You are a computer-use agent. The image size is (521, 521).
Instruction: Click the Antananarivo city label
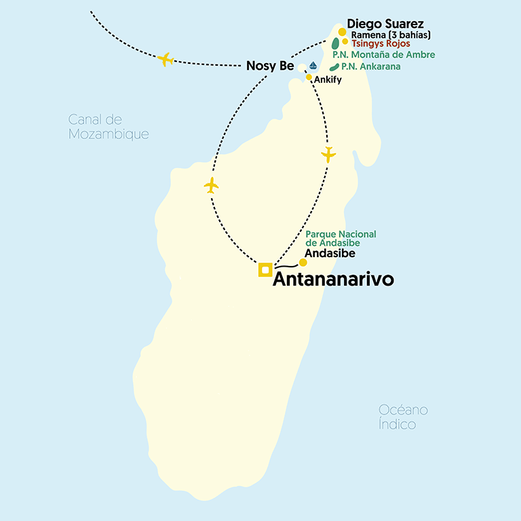[332, 280]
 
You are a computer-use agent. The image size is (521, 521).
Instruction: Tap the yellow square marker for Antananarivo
[265, 270]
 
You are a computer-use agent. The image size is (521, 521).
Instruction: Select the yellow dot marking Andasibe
[303, 263]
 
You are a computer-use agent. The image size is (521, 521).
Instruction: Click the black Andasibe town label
[330, 254]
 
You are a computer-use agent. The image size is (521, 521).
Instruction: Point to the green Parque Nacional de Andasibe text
[341, 238]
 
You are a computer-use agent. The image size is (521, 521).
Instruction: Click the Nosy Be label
[269, 66]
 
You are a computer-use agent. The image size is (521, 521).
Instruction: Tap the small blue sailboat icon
[313, 66]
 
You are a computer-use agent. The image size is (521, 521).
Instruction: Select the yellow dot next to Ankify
[309, 77]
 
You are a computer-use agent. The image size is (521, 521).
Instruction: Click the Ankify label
[328, 80]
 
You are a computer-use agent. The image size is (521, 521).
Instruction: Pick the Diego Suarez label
[385, 24]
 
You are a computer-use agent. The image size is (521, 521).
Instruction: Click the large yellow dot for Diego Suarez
[343, 32]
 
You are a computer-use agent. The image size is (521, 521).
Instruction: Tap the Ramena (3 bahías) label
[391, 35]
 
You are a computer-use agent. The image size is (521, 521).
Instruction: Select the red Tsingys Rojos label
[381, 43]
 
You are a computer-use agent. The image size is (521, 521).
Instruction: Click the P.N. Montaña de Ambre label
[383, 54]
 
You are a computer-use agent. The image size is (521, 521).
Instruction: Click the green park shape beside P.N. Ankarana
[334, 67]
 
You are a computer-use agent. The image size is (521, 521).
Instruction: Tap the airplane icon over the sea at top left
[165, 59]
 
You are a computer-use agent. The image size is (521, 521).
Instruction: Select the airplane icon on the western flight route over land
[211, 185]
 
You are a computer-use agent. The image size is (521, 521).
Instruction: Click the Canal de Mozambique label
[109, 127]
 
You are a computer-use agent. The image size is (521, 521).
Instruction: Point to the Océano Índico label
[404, 417]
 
